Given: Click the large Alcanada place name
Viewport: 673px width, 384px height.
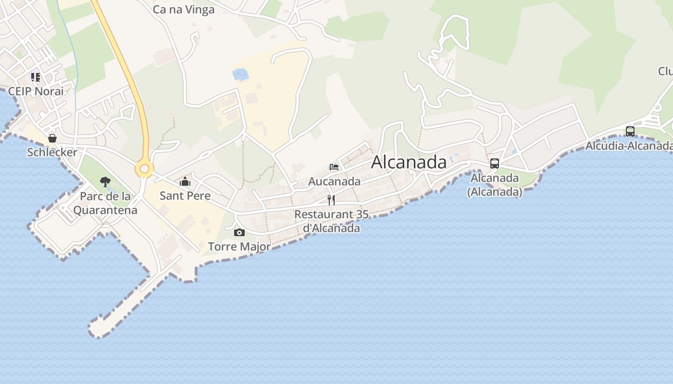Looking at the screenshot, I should (x=409, y=162).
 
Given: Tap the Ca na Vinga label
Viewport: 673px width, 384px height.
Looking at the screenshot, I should (x=184, y=10).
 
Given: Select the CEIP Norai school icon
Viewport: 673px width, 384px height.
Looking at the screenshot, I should (x=36, y=77).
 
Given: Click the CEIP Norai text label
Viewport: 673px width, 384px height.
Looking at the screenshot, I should (x=36, y=91).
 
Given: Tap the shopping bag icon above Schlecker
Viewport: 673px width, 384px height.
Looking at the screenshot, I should (x=52, y=138).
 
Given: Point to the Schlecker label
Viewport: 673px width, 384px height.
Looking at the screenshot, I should (x=52, y=152).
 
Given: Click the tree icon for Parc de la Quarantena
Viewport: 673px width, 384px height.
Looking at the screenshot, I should (x=105, y=182).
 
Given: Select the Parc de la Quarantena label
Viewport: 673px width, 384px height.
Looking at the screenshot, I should (x=105, y=203).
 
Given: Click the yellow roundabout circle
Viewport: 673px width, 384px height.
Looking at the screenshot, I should (x=144, y=168).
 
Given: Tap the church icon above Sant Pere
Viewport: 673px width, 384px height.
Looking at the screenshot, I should (x=185, y=181).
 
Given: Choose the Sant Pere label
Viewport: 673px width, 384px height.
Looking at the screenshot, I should (x=185, y=195).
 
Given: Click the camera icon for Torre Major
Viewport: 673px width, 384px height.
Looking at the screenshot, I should (x=239, y=233).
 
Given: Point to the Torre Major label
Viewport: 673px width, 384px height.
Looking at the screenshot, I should (x=239, y=247).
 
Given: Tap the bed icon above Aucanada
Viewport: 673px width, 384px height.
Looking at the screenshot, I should (x=334, y=167).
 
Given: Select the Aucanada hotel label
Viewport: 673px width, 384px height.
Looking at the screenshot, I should (x=334, y=181).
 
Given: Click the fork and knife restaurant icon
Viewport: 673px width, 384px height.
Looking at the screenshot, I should (x=331, y=200).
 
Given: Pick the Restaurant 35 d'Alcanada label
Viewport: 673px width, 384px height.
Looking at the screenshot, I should (x=331, y=221).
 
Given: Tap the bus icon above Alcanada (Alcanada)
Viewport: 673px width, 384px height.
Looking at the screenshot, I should (x=495, y=164).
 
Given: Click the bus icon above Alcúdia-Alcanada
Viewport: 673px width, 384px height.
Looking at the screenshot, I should (x=630, y=131).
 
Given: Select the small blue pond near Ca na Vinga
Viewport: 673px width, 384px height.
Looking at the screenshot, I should (x=240, y=74).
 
